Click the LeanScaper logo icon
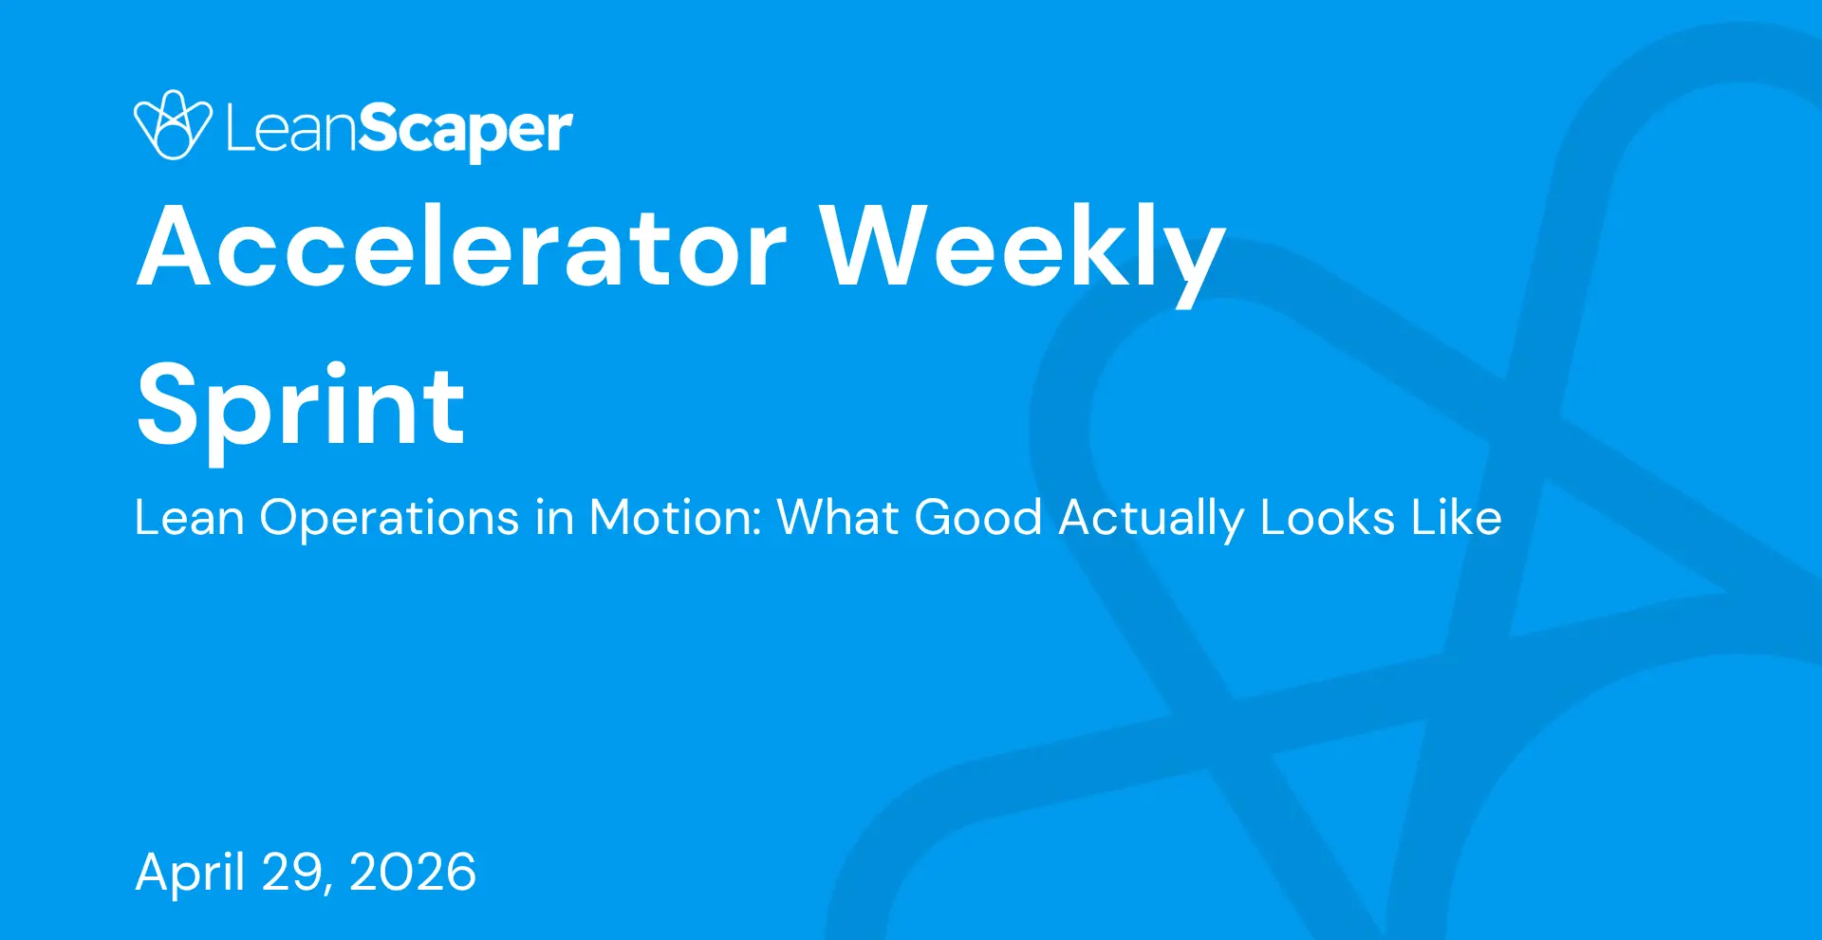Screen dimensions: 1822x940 [173, 124]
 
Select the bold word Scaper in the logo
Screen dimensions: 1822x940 [466, 132]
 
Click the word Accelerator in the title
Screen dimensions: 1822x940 [462, 246]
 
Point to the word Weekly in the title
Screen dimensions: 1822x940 [1023, 252]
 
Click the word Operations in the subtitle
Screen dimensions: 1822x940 [389, 519]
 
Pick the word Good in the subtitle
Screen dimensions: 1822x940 [978, 518]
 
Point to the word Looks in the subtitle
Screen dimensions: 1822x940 [1328, 518]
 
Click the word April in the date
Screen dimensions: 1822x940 [191, 873]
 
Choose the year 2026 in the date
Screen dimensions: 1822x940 [413, 873]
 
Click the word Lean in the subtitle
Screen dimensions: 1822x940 [190, 518]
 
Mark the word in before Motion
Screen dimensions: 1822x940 [555, 518]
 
